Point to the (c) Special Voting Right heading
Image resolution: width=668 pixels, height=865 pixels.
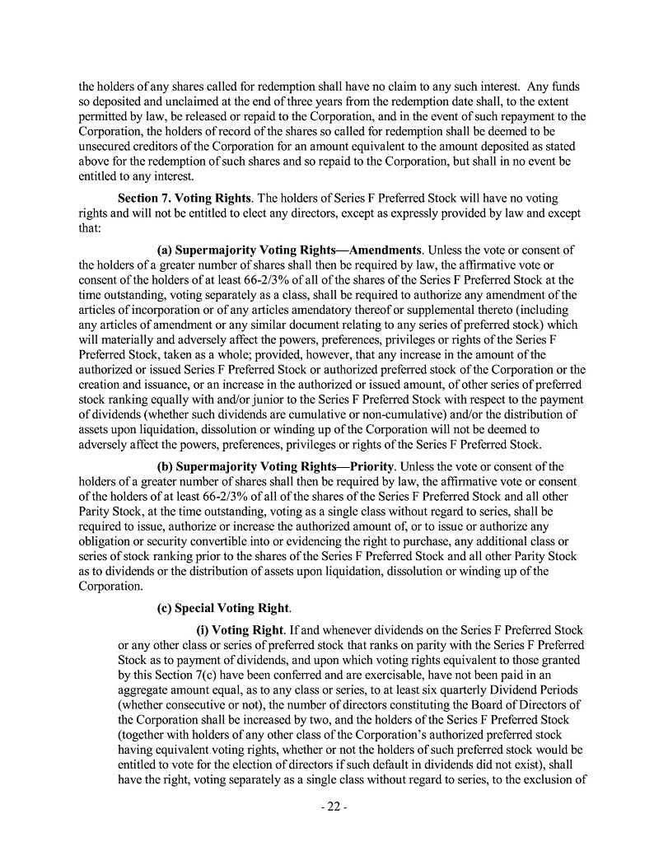[223, 609]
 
